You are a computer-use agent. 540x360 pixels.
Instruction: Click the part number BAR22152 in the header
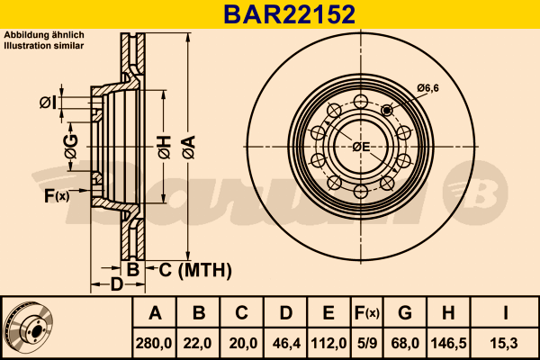[289, 14]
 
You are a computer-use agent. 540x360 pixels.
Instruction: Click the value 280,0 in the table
[154, 344]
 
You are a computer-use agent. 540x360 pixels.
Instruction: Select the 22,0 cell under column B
[197, 344]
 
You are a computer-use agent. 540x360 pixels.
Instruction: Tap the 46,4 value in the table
[286, 344]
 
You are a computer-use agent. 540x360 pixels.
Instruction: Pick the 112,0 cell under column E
[328, 344]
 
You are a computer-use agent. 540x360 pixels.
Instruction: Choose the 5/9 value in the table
[367, 344]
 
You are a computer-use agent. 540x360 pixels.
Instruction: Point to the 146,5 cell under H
[448, 344]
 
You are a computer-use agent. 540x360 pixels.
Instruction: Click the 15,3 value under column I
[505, 344]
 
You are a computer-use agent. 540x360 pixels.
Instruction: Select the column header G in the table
[405, 313]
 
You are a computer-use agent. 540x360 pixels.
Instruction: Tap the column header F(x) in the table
[367, 313]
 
